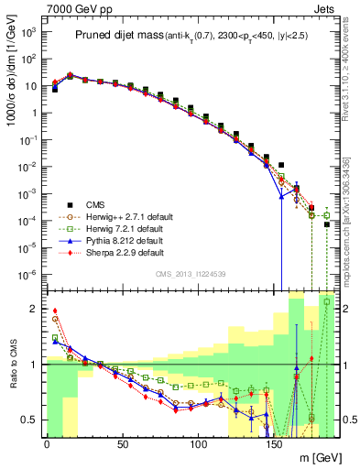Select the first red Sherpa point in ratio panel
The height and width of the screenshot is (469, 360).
(x=55, y=311)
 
